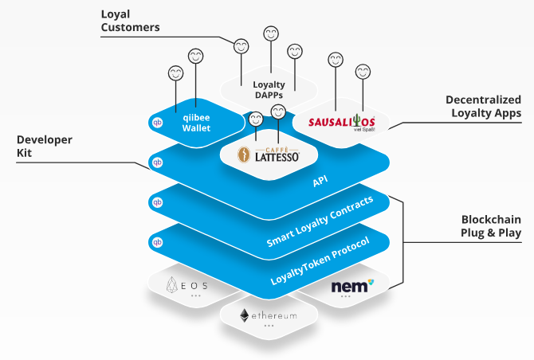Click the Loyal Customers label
[130, 21]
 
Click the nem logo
[351, 284]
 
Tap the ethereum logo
[269, 316]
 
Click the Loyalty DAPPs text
[269, 89]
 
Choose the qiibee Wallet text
[195, 122]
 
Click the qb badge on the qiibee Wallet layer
[157, 123]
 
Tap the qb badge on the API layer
[157, 162]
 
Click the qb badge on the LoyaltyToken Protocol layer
[157, 241]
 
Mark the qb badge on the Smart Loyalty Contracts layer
[157, 202]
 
